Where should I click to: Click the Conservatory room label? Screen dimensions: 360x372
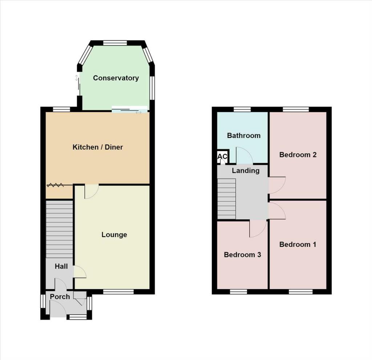116,78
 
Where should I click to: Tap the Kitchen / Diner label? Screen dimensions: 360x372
98,147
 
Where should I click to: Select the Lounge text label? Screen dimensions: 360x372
114,235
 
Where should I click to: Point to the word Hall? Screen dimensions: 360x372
61,267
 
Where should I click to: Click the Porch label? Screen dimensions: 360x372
60,297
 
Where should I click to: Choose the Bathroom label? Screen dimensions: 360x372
243,136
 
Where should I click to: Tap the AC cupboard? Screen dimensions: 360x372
222,157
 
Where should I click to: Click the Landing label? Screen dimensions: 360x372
246,171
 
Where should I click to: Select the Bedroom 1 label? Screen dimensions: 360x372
298,245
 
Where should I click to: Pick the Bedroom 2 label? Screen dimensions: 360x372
298,155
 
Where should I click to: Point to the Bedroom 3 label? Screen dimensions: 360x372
242,255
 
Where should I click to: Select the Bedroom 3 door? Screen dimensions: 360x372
258,229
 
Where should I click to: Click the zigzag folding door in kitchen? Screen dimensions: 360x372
55,185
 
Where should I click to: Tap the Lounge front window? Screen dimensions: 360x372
118,291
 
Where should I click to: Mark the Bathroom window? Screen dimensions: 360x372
242,109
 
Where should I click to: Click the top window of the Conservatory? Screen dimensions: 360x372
115,43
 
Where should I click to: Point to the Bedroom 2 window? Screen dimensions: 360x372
296,109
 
